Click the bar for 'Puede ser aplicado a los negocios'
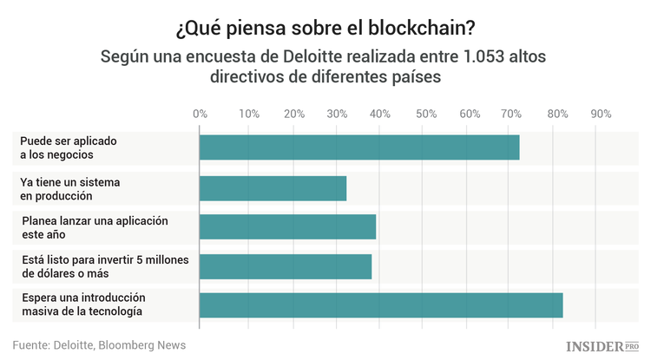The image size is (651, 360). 359,147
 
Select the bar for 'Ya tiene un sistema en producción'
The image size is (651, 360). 273,188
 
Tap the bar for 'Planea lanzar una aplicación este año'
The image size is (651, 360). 287,226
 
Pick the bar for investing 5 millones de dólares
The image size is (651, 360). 286,266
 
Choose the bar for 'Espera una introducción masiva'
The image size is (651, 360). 381,305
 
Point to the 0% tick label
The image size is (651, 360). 200,114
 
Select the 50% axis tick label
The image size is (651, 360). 425,114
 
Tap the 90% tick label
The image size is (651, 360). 601,114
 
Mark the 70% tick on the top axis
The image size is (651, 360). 513,114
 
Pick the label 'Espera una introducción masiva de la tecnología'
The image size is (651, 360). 82,304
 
